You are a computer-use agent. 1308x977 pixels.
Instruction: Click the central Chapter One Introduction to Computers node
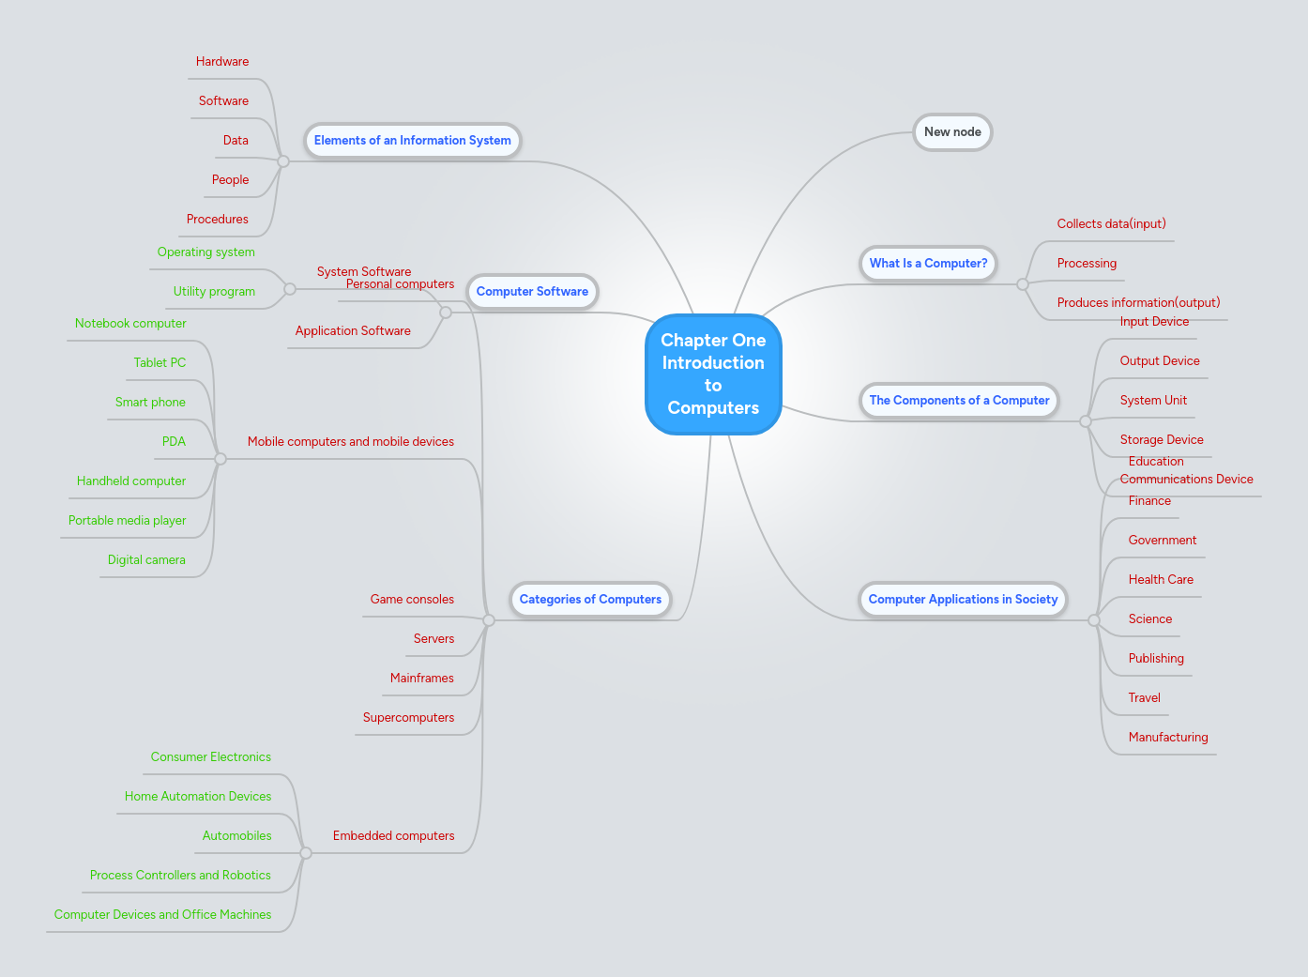(713, 374)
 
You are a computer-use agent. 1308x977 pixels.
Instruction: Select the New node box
(952, 132)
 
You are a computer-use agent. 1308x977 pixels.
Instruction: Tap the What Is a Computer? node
(928, 264)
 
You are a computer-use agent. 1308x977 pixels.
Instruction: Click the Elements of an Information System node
(412, 141)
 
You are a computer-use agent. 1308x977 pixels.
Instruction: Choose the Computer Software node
(532, 292)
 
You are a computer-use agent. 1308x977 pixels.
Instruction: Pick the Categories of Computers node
(590, 600)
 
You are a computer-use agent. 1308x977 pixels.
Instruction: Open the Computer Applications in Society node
(963, 600)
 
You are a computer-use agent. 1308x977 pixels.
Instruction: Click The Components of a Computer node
(959, 401)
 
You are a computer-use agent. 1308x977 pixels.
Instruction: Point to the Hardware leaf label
(222, 62)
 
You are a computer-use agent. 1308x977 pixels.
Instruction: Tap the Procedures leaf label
(218, 220)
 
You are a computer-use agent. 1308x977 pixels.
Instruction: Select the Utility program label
(214, 292)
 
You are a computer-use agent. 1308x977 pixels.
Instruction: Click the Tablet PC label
(160, 363)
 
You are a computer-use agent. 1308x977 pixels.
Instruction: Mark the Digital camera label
(146, 560)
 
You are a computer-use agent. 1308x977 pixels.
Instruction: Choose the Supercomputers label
(408, 718)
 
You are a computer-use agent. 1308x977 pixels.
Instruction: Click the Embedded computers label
(393, 836)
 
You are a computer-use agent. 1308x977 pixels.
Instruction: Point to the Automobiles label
(236, 836)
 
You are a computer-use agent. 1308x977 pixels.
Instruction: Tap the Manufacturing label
(1168, 738)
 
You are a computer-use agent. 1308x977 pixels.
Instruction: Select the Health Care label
(1161, 580)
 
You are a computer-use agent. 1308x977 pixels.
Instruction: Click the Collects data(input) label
(1111, 224)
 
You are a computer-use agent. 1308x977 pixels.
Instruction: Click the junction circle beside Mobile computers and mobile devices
(221, 459)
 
